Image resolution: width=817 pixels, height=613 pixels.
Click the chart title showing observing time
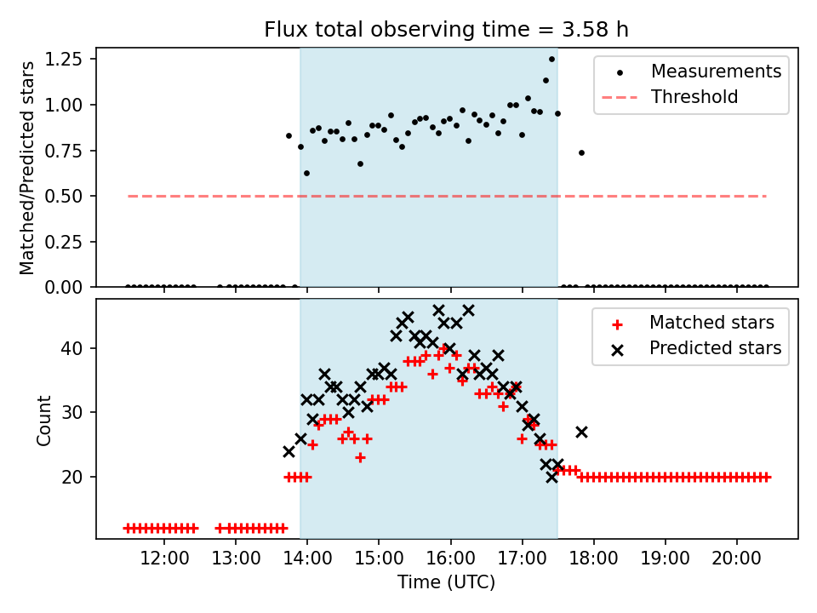[x=447, y=30]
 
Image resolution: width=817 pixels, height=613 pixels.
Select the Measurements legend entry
[x=716, y=72]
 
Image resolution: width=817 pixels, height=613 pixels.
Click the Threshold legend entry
[x=694, y=97]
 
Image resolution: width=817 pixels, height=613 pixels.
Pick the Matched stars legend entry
[x=711, y=323]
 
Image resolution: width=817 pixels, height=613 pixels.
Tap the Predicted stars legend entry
[x=716, y=348]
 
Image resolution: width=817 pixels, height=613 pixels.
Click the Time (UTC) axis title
[x=447, y=583]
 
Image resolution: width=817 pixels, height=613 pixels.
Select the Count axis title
[x=43, y=420]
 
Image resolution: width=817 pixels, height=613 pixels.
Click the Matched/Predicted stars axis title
[x=27, y=168]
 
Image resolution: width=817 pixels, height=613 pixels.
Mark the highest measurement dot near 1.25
[x=551, y=60]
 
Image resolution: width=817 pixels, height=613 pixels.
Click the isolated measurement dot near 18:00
[x=581, y=152]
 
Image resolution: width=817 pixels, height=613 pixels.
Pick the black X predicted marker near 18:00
[x=581, y=432]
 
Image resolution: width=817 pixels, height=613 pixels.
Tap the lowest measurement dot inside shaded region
[x=306, y=173]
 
